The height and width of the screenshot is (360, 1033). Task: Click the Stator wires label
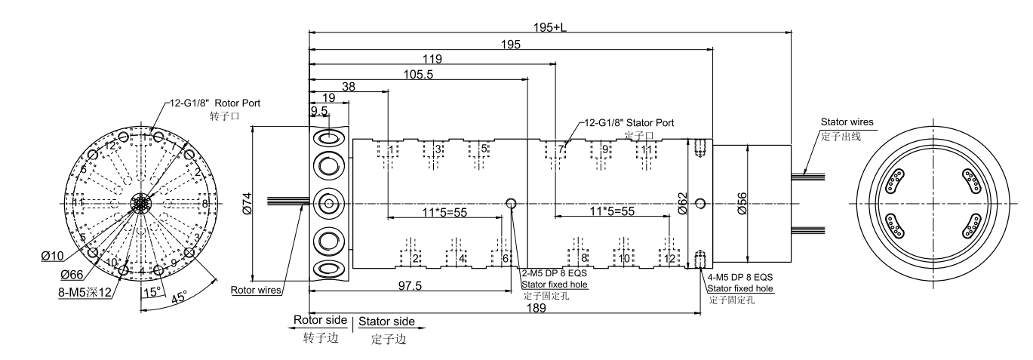coord(847,122)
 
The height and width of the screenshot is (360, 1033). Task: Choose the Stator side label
coord(386,322)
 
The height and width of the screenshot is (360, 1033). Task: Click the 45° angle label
coord(180,298)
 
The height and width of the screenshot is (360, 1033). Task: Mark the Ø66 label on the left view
coord(72,274)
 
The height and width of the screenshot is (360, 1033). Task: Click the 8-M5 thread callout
coord(85,291)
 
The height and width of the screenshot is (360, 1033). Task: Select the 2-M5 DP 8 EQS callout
coord(554,273)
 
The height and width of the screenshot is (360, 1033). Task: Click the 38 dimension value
coord(349,87)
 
